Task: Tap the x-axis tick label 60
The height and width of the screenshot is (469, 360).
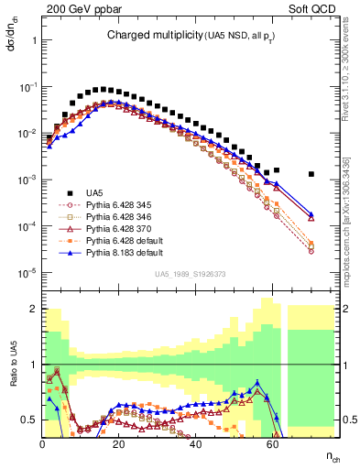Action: tap(272, 444)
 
